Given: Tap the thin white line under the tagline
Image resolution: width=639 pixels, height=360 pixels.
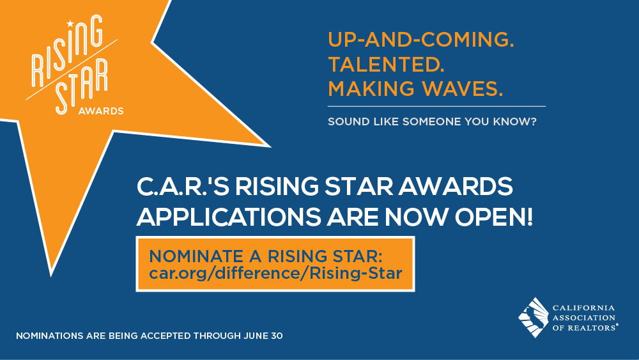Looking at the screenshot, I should [436, 106].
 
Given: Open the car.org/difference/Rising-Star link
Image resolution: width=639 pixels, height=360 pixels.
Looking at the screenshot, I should [275, 274].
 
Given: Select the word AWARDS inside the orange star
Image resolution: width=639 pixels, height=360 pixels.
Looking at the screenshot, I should [101, 111].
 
